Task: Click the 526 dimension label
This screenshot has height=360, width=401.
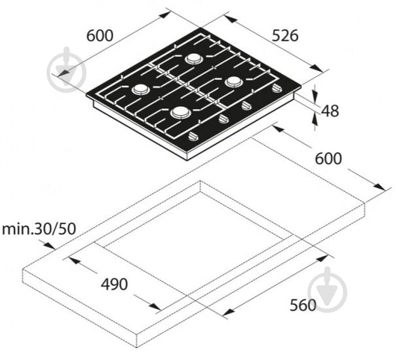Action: [x=285, y=35]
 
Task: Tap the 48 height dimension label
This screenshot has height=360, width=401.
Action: [x=330, y=111]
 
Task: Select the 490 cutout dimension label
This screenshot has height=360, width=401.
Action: [x=114, y=284]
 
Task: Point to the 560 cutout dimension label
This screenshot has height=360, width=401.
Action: [x=303, y=305]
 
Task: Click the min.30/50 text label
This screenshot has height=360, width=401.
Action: [x=39, y=229]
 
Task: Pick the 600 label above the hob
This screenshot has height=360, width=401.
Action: [x=100, y=35]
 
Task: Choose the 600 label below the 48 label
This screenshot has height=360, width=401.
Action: [x=328, y=158]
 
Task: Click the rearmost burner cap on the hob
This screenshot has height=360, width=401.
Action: [x=195, y=59]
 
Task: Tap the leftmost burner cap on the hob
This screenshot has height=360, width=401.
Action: [x=140, y=90]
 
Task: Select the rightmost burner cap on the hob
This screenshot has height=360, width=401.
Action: [x=234, y=82]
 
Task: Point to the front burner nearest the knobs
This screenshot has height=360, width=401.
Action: [x=181, y=113]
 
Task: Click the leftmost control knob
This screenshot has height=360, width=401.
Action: [x=193, y=137]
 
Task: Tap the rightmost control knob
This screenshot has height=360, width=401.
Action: [x=277, y=88]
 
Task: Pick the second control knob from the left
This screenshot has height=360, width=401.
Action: [x=223, y=119]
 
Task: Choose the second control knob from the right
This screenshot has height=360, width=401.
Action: [x=247, y=105]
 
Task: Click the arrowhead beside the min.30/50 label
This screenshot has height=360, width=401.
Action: [x=49, y=245]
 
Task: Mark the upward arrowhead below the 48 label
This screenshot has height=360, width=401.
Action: [x=315, y=120]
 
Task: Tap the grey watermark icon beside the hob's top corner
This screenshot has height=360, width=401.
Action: [x=66, y=69]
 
